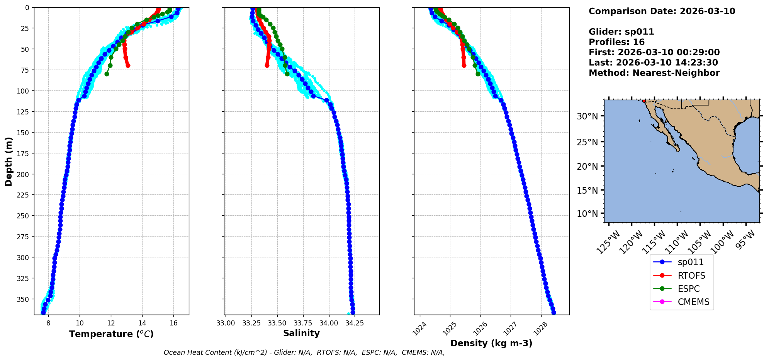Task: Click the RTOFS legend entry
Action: pos(691,276)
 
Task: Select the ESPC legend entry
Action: pos(688,289)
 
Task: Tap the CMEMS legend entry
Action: pos(693,302)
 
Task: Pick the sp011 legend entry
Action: pos(691,262)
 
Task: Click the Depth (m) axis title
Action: pos(8,161)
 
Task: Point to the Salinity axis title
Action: pos(301,333)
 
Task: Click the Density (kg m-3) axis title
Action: pos(491,343)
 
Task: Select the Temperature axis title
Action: pos(111,334)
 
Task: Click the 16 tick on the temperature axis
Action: pos(173,323)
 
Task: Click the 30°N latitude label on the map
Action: pos(587,116)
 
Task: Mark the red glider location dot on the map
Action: pos(644,100)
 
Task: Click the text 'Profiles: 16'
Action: pos(616,42)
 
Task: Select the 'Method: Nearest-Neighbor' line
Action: pos(654,73)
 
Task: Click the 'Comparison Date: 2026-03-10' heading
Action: pos(662,11)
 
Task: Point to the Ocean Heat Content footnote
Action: pos(304,352)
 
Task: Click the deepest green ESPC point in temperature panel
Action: pos(107,74)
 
